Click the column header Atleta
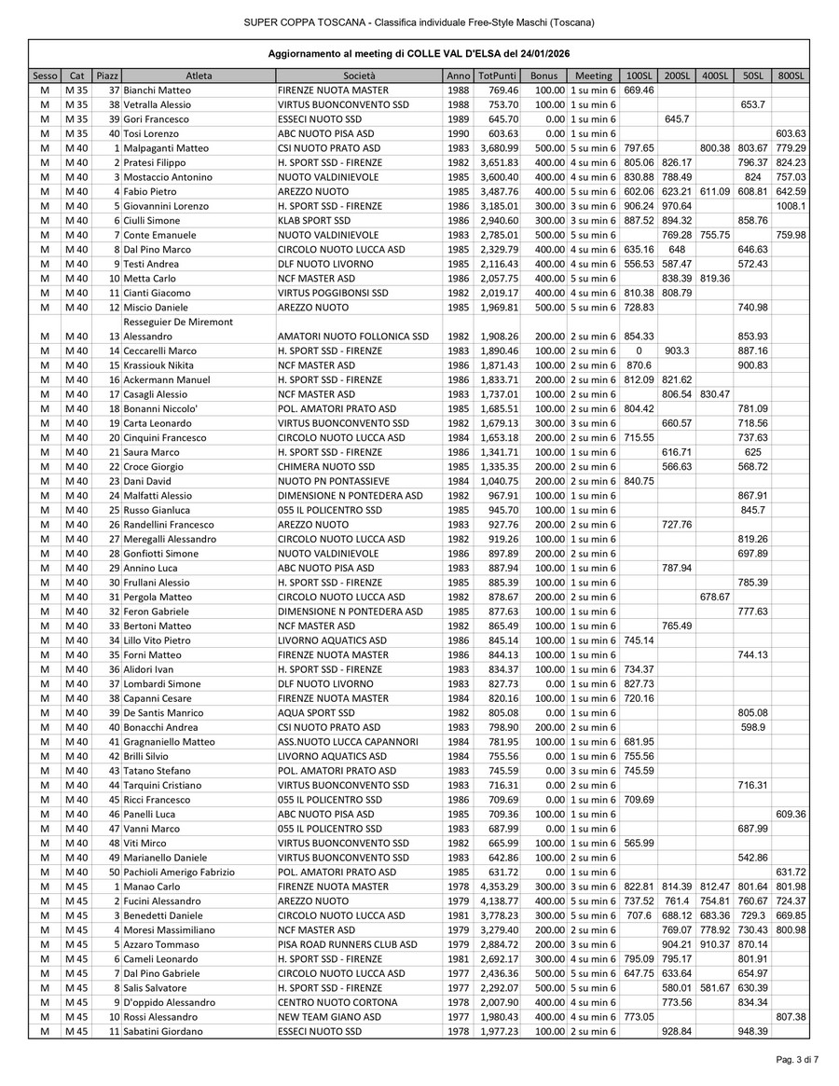pos(199,75)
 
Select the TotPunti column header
pos(497,75)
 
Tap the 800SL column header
pos(791,75)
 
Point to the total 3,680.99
pos(498,147)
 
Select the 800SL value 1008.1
pos(791,205)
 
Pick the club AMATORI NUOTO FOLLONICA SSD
pos(353,336)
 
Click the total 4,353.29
pos(498,886)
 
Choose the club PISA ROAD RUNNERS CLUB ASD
pos(347,943)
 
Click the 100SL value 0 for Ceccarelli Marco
pos(639,351)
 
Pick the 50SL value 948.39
pos(751,1030)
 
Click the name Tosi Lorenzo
pos(159,133)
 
